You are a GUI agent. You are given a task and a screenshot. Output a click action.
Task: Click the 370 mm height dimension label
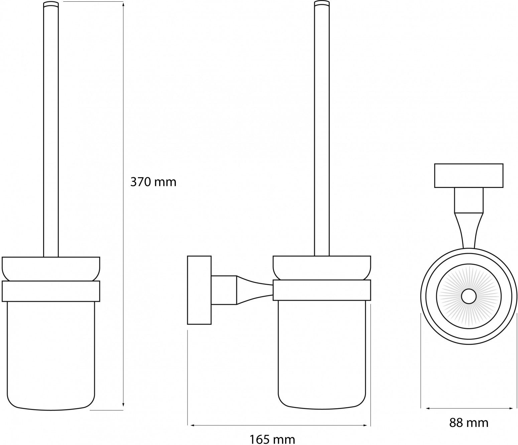pos(153,182)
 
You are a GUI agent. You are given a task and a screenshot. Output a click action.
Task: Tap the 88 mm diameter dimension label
pos(469,423)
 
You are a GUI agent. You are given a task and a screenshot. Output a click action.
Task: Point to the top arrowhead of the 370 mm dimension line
pos(123,4)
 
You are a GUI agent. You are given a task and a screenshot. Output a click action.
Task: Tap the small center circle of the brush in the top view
pos(469,296)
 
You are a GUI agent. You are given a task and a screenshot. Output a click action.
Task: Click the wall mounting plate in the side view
pos(199,290)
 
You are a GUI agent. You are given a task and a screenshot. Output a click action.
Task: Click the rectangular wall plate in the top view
pos(469,176)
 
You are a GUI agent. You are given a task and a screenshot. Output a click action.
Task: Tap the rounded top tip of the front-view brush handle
pos(51,4)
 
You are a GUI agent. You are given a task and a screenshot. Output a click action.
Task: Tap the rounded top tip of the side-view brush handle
pos(322,4)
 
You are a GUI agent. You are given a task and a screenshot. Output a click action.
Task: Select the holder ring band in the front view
pos(51,291)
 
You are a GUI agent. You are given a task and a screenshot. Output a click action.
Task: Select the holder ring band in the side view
pos(322,290)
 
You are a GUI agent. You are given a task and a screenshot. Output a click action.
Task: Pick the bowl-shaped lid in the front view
pos(51,268)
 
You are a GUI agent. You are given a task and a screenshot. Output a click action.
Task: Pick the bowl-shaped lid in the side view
pos(322,267)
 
